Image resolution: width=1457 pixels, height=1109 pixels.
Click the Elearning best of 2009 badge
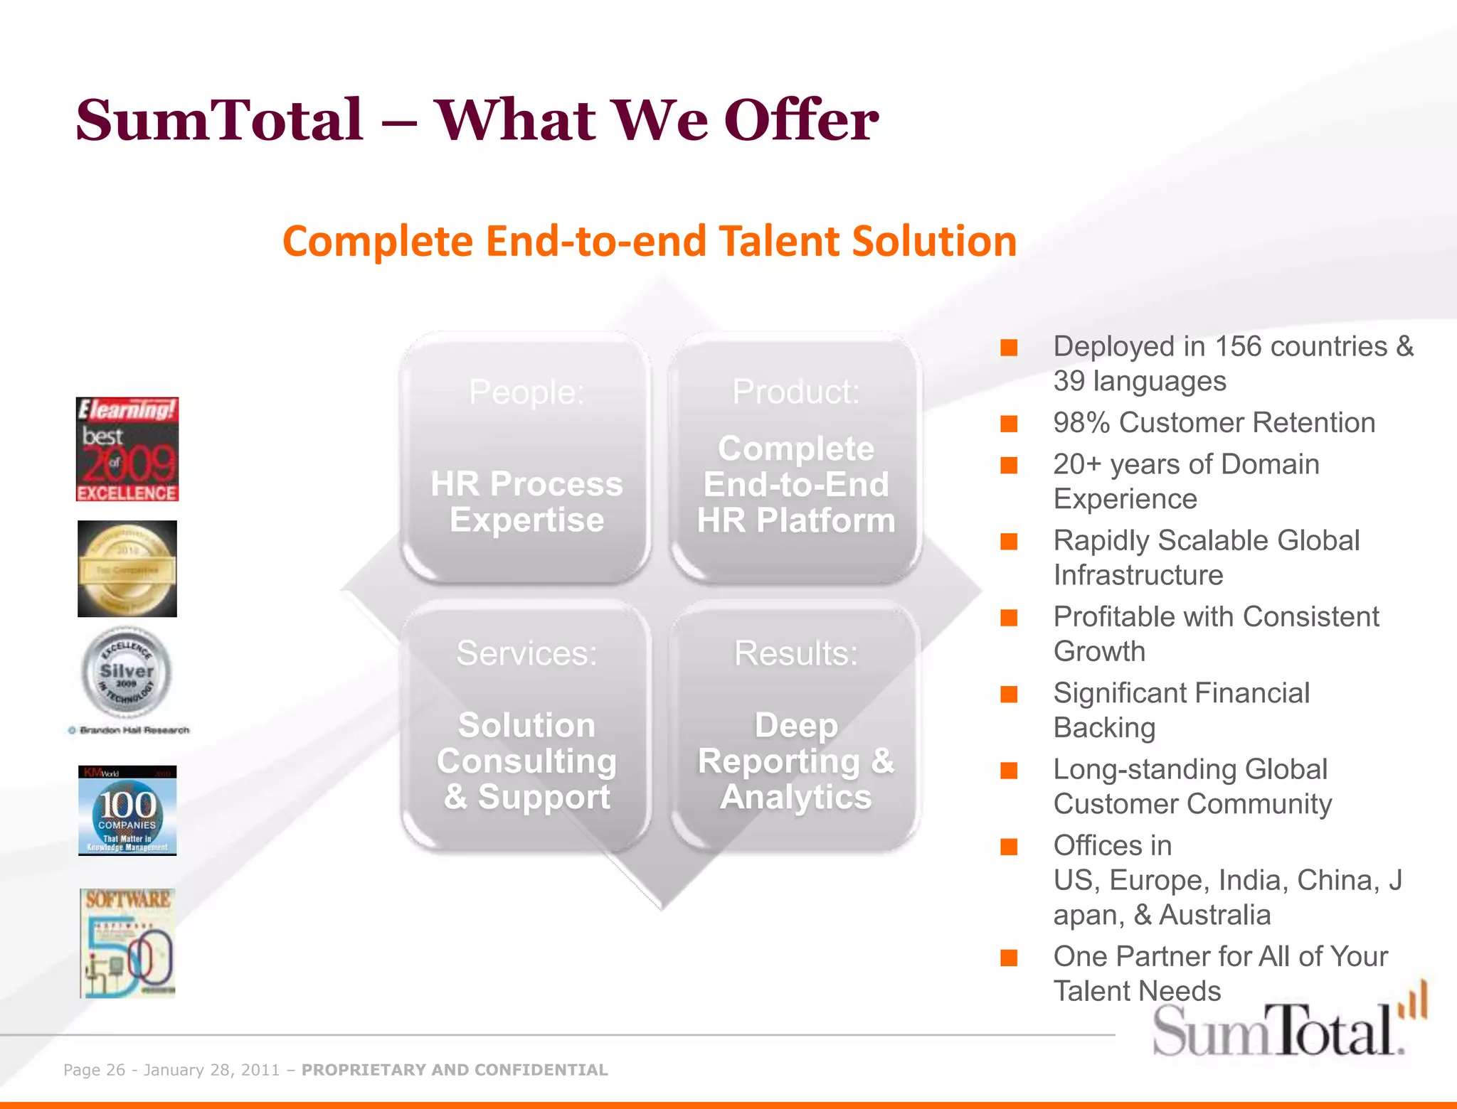pyautogui.click(x=127, y=449)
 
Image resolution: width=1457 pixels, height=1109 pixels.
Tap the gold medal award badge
pyautogui.click(x=127, y=569)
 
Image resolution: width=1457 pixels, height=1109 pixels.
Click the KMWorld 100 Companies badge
pyautogui.click(x=127, y=810)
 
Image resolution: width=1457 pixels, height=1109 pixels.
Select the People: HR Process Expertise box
pyautogui.click(x=526, y=459)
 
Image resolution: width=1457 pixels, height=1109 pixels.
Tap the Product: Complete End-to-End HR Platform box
pyautogui.click(x=795, y=459)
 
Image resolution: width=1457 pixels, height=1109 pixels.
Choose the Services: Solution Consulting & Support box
pyautogui.click(x=526, y=725)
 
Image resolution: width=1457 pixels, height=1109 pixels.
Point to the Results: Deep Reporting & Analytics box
pyautogui.click(x=795, y=725)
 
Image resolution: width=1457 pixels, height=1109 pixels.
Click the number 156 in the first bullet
pyautogui.click(x=1238, y=347)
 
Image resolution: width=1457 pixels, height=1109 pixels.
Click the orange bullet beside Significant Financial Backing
pyautogui.click(x=1009, y=694)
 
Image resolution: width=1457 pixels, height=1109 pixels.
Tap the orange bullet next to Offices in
pyautogui.click(x=1009, y=847)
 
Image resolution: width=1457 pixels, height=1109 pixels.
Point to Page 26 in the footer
pyautogui.click(x=94, y=1070)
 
